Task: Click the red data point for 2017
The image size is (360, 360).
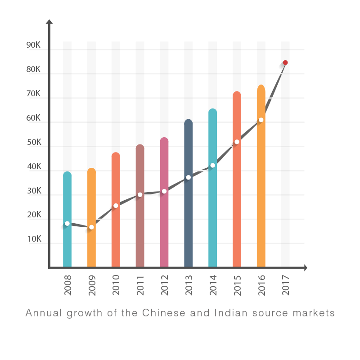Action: (x=285, y=63)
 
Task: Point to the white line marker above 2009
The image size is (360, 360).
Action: (x=91, y=227)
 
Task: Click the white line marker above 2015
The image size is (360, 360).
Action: (x=237, y=142)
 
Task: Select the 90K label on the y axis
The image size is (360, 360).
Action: (x=34, y=46)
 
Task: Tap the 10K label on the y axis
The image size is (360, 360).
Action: (x=34, y=239)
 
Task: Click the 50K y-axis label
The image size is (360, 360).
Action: (x=34, y=143)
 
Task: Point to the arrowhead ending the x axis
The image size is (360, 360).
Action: (x=306, y=268)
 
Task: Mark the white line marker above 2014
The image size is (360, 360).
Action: (x=213, y=166)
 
